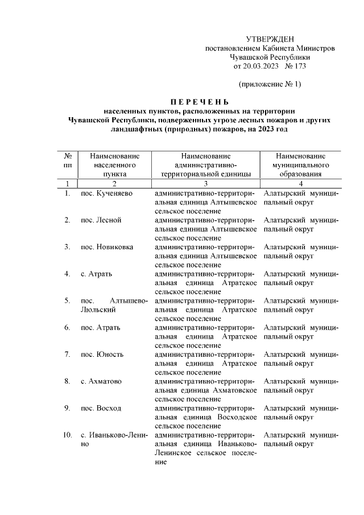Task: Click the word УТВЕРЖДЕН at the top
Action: [x=270, y=39]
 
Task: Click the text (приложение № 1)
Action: [x=270, y=84]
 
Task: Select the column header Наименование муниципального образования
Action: [x=300, y=165]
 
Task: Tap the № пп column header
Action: [x=67, y=160]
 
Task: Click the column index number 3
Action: [x=206, y=184]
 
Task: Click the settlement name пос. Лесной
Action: [x=101, y=220]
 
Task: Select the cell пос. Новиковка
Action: [x=107, y=247]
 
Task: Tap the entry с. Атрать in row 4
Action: [x=96, y=274]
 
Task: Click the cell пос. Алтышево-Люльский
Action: [x=114, y=305]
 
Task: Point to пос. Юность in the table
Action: [x=102, y=355]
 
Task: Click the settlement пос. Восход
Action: [x=101, y=408]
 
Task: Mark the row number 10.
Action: [x=67, y=435]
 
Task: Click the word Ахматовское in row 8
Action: [x=235, y=390]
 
